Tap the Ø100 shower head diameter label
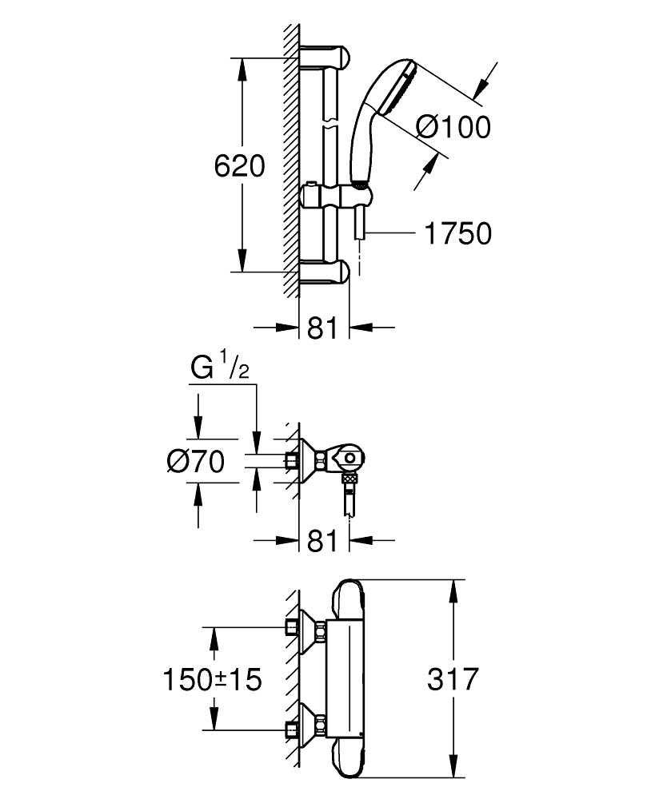pos(453,127)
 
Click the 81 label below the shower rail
pos(322,328)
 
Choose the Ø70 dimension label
pos(194,461)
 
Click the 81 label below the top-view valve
pos(322,541)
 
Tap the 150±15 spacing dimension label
pos(212,680)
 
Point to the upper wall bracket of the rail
pos(326,58)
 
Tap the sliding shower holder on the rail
pos(336,197)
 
